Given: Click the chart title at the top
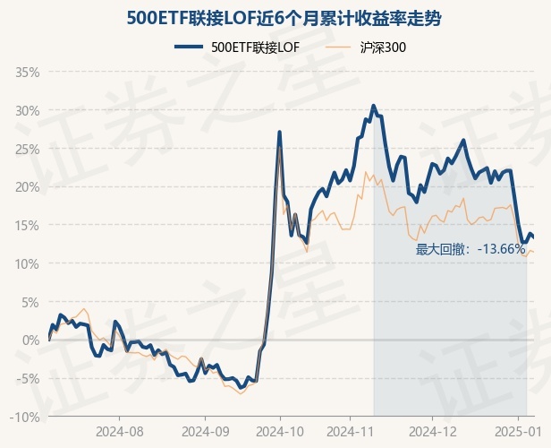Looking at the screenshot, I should pyautogui.click(x=275, y=18).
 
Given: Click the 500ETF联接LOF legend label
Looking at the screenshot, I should pyautogui.click(x=255, y=47).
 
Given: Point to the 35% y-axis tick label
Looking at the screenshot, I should pyautogui.click(x=27, y=72).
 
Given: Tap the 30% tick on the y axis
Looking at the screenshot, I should pyautogui.click(x=27, y=110).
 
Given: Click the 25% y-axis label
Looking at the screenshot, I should pyautogui.click(x=27, y=149).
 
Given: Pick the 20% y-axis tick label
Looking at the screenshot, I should pyautogui.click(x=27, y=187).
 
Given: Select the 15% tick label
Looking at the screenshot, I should pyautogui.click(x=27, y=225).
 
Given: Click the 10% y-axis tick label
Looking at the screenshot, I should pyautogui.click(x=27, y=263).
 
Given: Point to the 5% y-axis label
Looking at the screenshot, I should pyautogui.click(x=30, y=302).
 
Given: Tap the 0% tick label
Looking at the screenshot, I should pyautogui.click(x=30, y=340).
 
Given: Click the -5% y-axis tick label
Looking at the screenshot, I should pyautogui.click(x=28, y=378).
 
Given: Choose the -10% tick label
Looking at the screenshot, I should pyautogui.click(x=25, y=417).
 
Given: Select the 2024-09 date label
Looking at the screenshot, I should pyautogui.click(x=205, y=431).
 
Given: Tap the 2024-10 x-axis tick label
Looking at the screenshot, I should pyautogui.click(x=280, y=431).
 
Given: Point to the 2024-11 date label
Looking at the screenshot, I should pyautogui.click(x=355, y=431).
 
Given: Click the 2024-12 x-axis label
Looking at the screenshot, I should pyautogui.click(x=431, y=431).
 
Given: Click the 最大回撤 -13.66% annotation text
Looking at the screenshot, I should pyautogui.click(x=470, y=249).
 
